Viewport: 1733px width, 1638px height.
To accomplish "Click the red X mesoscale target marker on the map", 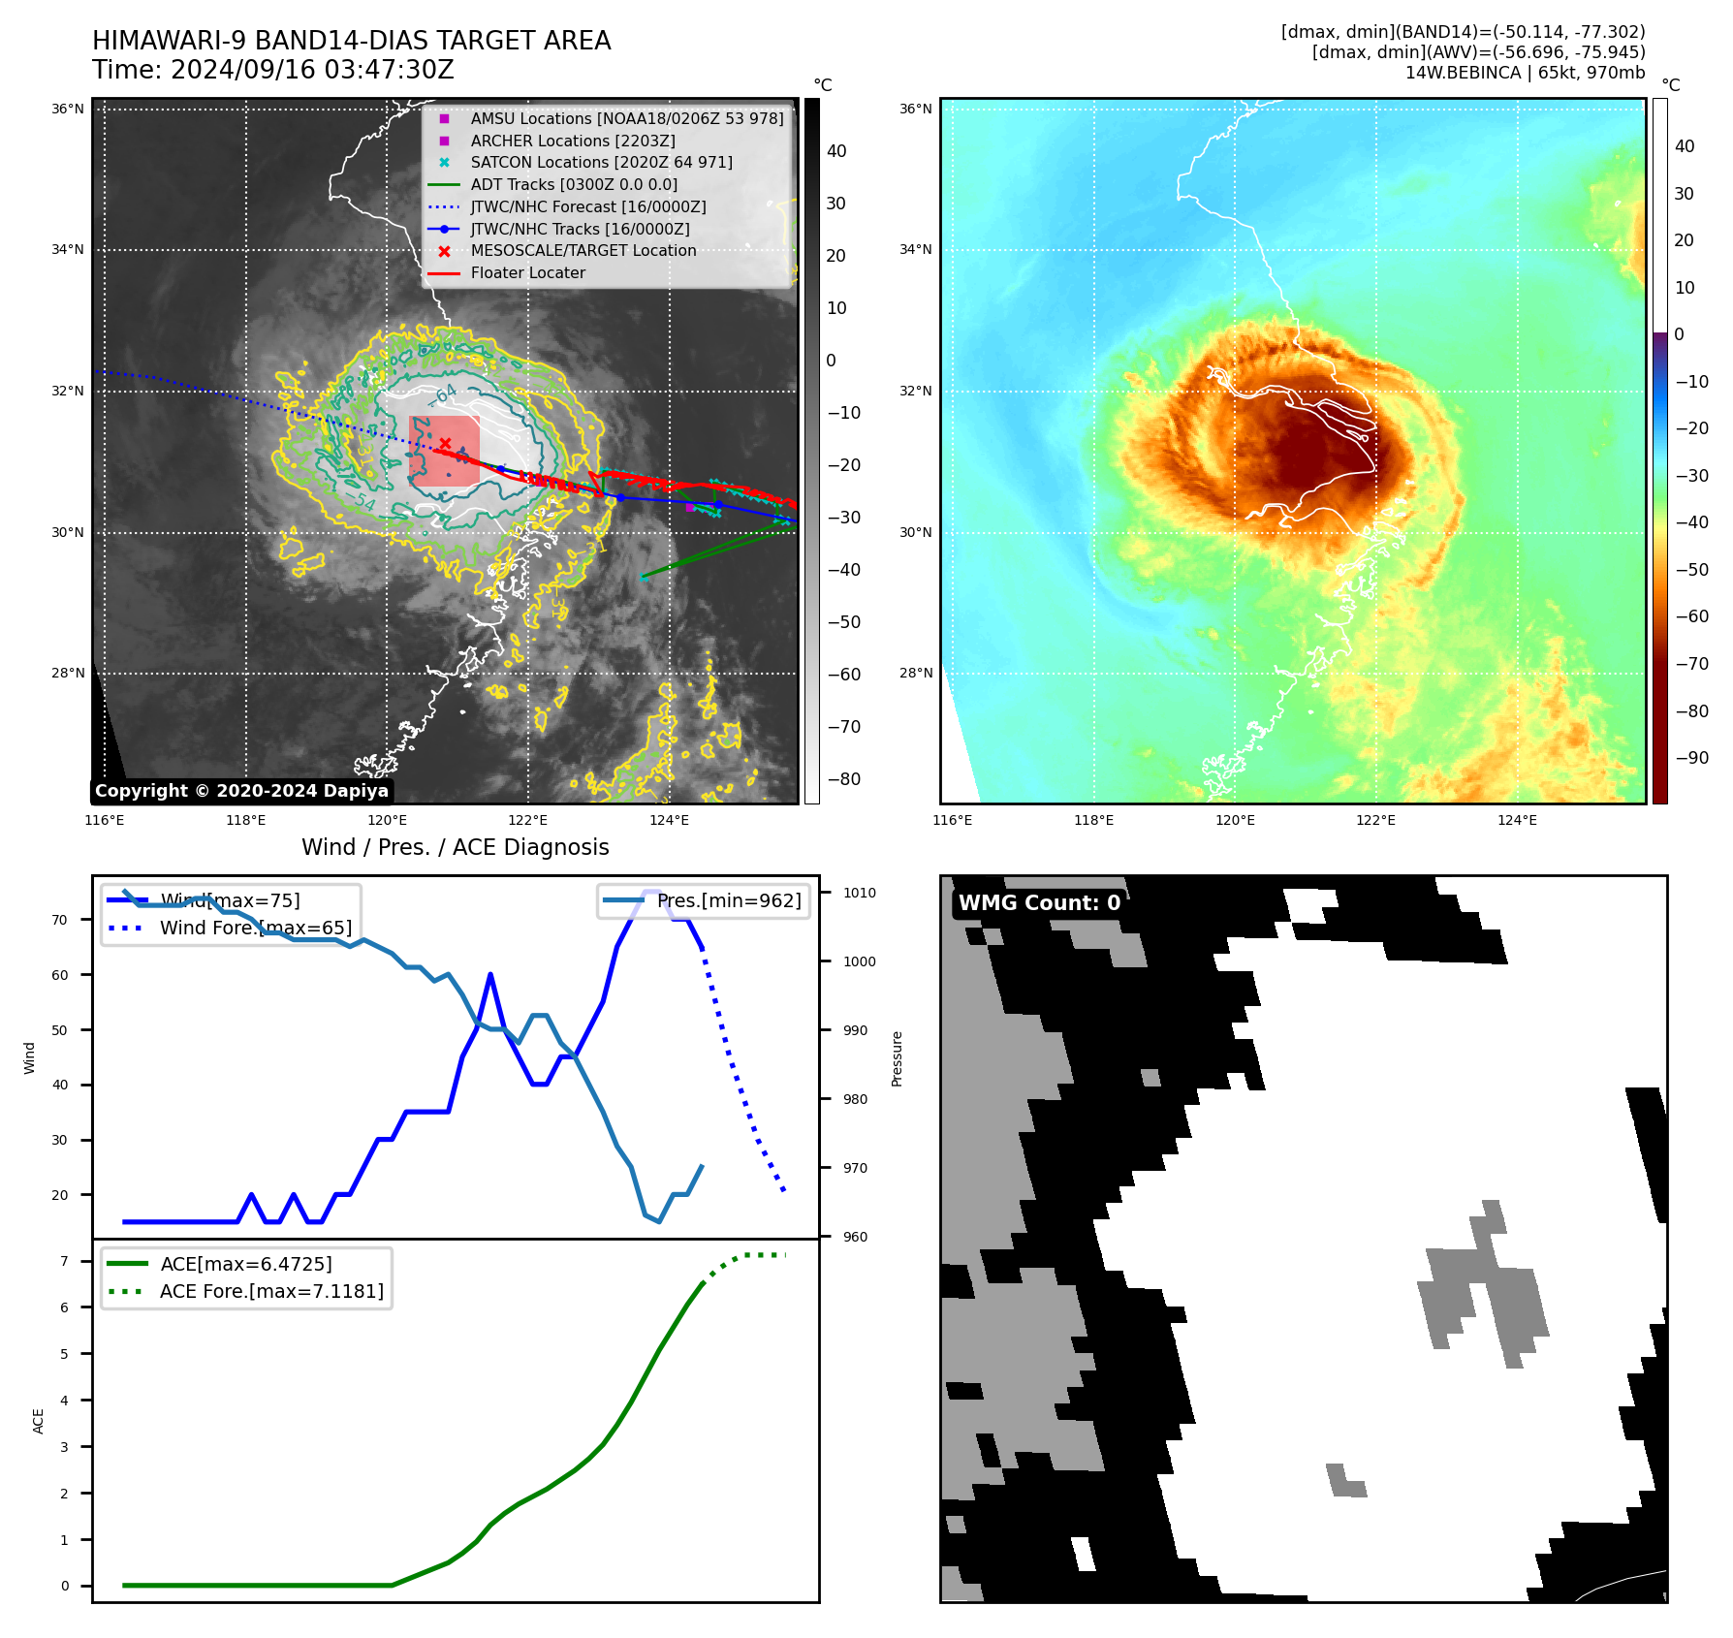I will (x=445, y=443).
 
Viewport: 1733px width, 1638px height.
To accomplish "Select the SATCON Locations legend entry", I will (x=601, y=163).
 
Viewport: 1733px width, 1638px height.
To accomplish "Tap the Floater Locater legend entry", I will (x=527, y=273).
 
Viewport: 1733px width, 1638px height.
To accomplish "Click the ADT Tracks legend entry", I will (x=574, y=185).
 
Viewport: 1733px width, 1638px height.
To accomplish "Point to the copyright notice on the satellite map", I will (x=241, y=791).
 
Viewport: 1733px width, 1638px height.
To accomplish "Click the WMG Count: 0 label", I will (x=1039, y=903).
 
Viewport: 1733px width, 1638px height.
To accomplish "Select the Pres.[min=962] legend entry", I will (x=729, y=901).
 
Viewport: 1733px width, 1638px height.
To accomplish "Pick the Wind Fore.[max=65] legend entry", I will (x=255, y=929).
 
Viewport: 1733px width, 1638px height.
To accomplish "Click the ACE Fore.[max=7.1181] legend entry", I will (x=271, y=1292).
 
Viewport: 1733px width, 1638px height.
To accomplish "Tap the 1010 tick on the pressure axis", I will (x=859, y=894).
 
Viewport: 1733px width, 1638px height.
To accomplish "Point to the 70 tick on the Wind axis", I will (x=60, y=921).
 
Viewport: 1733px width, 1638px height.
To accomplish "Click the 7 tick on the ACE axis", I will (x=64, y=1262).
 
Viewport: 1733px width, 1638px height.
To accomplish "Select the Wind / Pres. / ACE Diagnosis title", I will (x=456, y=848).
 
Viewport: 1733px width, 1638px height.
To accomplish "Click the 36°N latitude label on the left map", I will (x=68, y=110).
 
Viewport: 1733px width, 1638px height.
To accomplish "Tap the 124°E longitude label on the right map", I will (x=1517, y=821).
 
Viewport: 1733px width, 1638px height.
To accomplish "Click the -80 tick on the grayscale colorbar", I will (x=843, y=779).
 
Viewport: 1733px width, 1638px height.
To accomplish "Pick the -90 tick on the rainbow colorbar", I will (x=1691, y=758).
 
